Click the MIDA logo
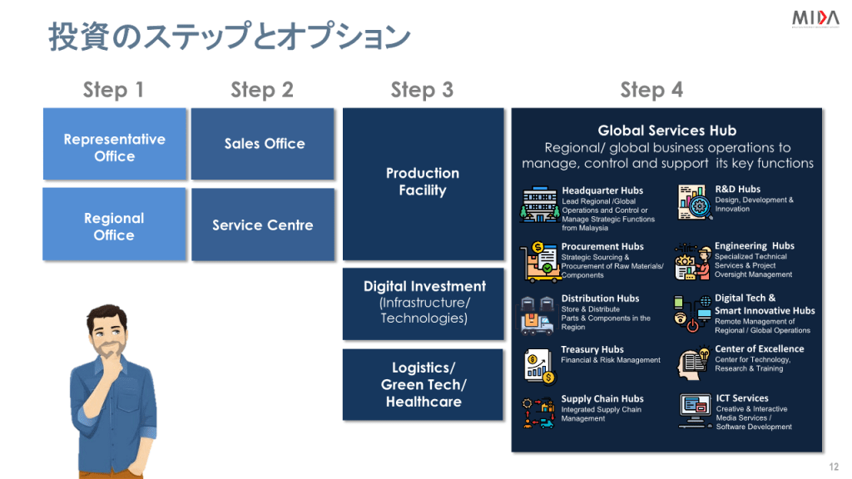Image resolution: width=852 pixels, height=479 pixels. click(815, 18)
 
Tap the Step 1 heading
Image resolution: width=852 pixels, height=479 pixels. click(113, 90)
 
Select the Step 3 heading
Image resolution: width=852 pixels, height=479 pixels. click(422, 90)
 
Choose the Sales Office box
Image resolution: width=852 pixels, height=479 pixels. click(264, 144)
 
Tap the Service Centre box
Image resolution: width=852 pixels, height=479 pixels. click(263, 225)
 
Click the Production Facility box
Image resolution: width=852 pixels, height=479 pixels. click(423, 183)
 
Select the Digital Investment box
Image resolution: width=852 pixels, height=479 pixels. click(424, 303)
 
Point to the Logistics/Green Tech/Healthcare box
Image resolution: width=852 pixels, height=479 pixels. click(424, 384)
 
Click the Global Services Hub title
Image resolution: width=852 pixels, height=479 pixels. click(666, 131)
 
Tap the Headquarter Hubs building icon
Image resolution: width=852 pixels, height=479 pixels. click(537, 205)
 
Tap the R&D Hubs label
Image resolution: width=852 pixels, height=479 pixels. click(737, 190)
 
